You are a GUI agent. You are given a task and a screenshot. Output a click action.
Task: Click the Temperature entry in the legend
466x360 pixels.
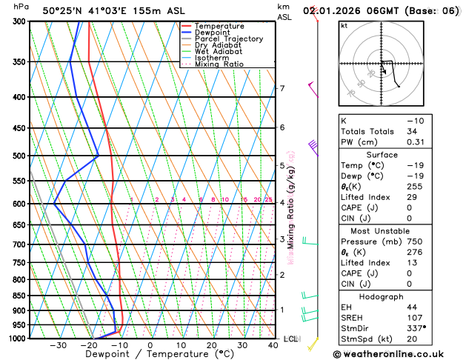pos(219,26)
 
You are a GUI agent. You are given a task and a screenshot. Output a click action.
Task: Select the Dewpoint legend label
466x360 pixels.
pos(213,33)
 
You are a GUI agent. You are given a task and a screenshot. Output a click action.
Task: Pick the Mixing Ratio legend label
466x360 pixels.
pos(219,64)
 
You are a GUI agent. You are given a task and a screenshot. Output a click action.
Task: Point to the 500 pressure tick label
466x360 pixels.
pos(18,156)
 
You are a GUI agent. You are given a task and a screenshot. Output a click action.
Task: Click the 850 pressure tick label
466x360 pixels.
pos(18,296)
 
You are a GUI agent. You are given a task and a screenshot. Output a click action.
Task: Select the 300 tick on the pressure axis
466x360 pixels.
pos(18,21)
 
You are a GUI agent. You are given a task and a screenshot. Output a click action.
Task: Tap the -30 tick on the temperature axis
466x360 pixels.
pos(58,345)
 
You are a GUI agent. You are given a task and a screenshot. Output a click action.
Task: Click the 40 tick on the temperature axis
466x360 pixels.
pos(273,345)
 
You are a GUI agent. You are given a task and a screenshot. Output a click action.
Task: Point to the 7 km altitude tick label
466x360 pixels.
pos(282,89)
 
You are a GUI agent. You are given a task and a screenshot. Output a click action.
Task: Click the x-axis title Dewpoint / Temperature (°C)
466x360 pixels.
pos(149,355)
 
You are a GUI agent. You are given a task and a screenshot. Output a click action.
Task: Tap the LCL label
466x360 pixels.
pos(290,339)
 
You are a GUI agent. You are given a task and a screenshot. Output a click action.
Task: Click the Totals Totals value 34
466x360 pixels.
pos(412,131)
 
